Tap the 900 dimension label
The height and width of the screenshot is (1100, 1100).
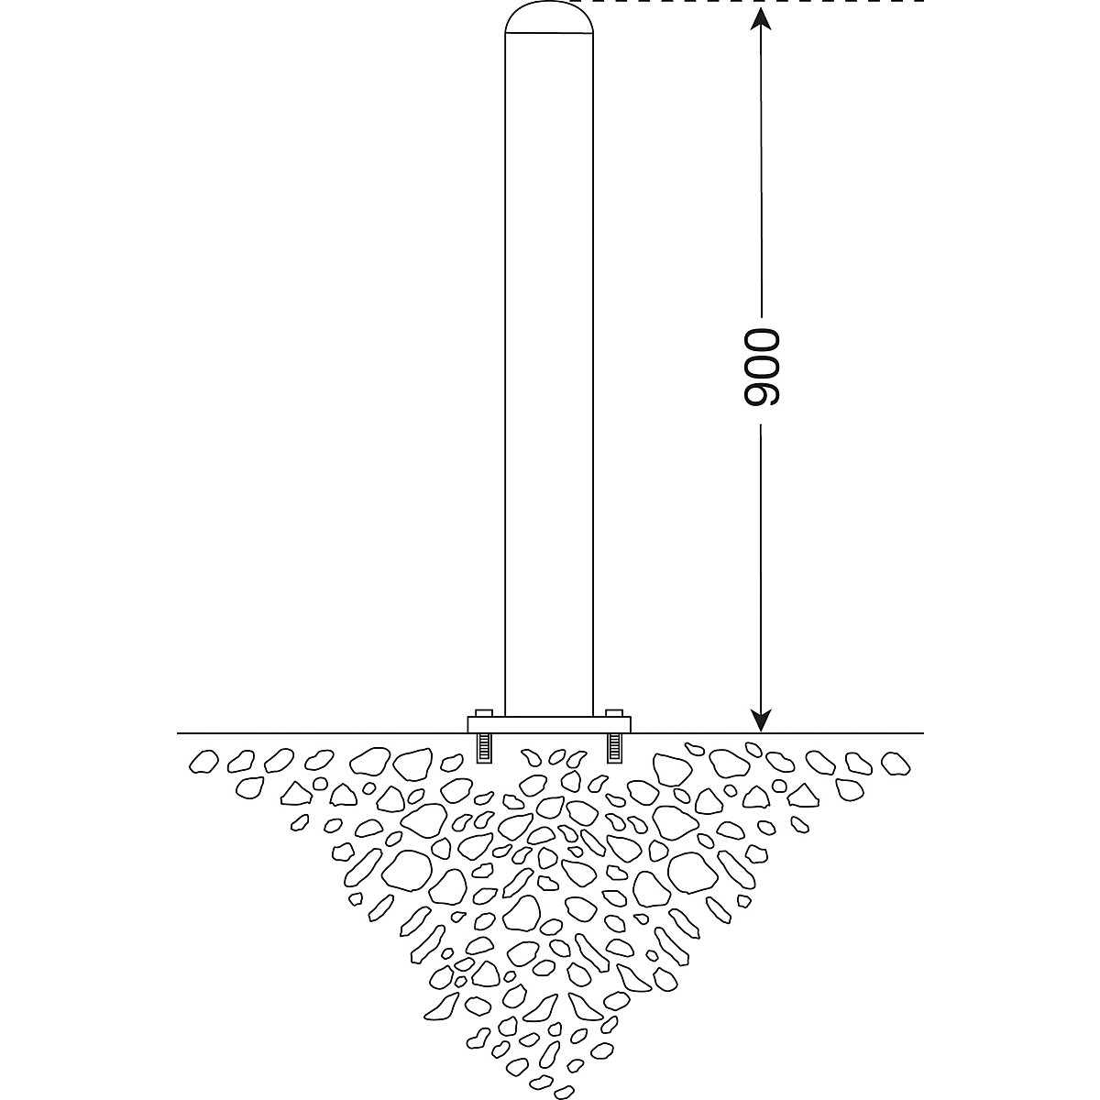(x=762, y=367)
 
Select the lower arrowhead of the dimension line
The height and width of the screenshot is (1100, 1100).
(x=761, y=720)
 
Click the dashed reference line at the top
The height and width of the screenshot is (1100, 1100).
(x=747, y=2)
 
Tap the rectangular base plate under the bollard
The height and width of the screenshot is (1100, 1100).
(x=548, y=724)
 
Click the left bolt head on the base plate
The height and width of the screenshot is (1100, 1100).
(x=483, y=713)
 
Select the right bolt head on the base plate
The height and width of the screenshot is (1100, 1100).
(x=613, y=713)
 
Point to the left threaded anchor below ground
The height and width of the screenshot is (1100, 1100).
(x=483, y=747)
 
